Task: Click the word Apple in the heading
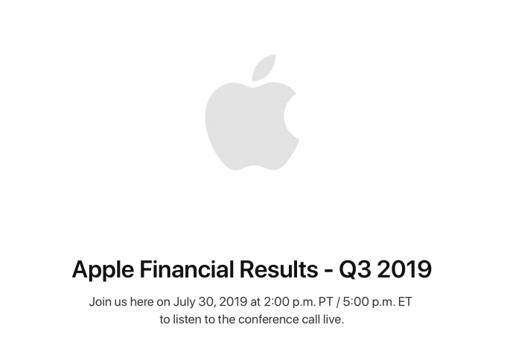[x=101, y=269]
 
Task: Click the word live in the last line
[x=334, y=321]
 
